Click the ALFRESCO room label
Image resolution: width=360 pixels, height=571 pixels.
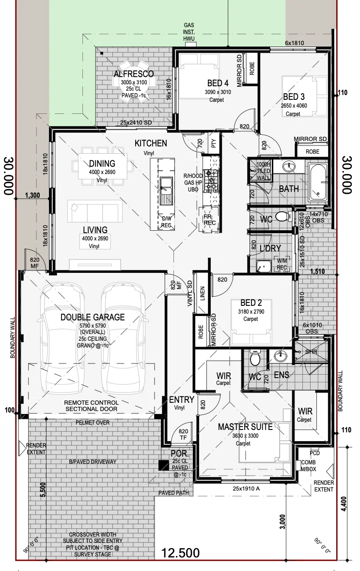(134, 74)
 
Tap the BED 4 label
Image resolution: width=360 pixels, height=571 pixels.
(218, 83)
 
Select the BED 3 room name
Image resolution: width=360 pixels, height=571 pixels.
(294, 97)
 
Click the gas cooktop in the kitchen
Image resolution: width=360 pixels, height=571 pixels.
(211, 181)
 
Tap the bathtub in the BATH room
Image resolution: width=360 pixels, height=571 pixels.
(318, 182)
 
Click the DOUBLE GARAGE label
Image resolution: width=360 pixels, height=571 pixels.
(93, 317)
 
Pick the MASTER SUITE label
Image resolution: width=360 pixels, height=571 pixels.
(245, 427)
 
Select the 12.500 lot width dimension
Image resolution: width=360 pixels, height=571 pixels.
(180, 553)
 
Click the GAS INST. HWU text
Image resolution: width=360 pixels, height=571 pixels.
(189, 32)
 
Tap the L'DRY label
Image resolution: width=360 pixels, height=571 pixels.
(270, 248)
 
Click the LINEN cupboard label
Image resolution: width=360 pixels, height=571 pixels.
(203, 293)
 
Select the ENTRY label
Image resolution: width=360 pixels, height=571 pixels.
(182, 400)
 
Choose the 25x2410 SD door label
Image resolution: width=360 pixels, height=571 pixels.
(136, 123)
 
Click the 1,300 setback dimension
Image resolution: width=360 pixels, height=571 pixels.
(32, 195)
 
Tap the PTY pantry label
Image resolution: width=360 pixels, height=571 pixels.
(214, 143)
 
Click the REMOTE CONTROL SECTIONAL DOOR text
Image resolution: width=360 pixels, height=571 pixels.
(92, 406)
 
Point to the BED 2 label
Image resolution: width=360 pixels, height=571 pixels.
(251, 302)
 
